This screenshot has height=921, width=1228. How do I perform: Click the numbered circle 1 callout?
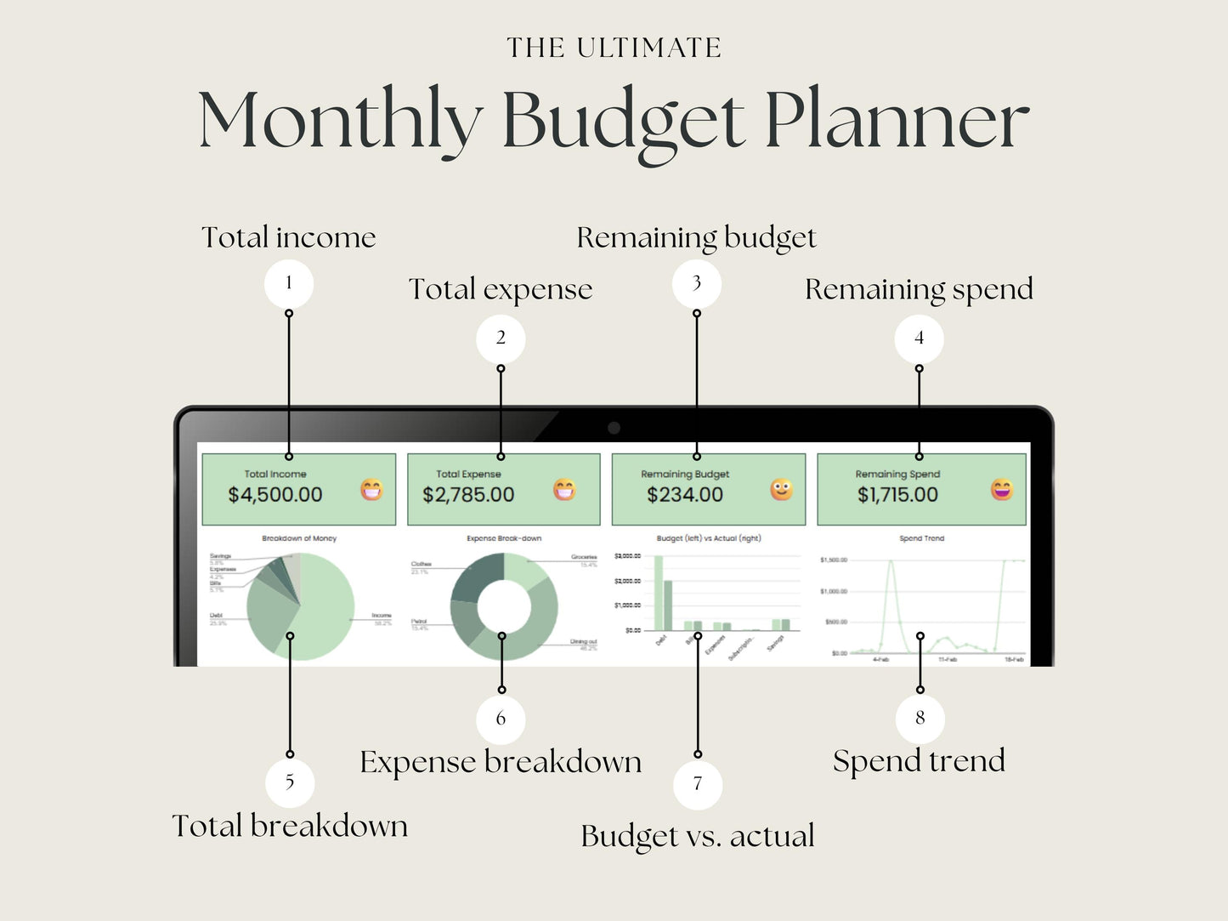coord(289,283)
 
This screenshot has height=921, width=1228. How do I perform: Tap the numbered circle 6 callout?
coord(501,719)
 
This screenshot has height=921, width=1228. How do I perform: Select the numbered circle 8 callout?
coord(920,718)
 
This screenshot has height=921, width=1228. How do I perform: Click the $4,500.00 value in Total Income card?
coord(275,495)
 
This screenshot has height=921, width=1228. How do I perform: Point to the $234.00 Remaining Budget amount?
coord(685,495)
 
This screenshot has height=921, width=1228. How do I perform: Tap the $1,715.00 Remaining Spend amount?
coord(897,495)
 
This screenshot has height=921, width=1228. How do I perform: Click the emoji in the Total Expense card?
coord(564,490)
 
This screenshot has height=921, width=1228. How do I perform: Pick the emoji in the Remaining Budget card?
coord(781,490)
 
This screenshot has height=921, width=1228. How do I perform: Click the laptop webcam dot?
coord(614,428)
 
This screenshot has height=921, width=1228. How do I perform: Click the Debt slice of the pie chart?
coord(270,621)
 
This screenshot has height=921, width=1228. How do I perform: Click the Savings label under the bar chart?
coord(775,644)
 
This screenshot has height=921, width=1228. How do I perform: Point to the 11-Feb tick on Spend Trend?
coord(948,659)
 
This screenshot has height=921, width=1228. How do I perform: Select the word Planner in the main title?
coord(896,121)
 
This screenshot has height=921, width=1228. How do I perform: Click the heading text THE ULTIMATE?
coord(614,48)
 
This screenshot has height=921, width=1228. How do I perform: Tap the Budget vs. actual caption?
coord(698,836)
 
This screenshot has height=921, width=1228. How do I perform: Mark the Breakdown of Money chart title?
coord(299,538)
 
